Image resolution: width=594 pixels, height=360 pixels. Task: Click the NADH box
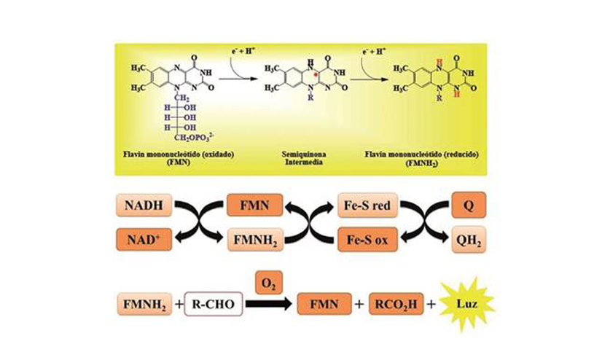coord(144,206)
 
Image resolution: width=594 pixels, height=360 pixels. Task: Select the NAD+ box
coord(144,238)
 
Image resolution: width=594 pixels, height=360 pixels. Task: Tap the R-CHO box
coord(213,302)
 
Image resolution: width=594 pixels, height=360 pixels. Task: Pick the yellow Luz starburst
coord(467,302)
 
